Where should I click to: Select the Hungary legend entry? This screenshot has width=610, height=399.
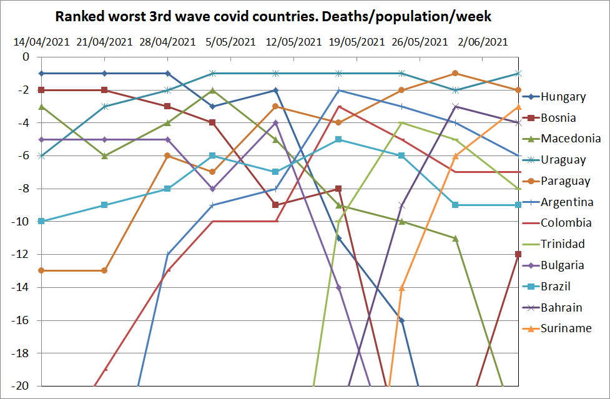tap(563, 97)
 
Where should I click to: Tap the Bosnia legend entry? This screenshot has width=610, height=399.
tap(558, 118)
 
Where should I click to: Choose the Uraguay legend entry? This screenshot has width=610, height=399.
tap(563, 160)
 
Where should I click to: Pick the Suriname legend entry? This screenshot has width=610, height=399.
tap(566, 328)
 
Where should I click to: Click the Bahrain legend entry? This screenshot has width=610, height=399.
tap(561, 307)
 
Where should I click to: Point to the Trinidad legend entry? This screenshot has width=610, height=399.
tap(563, 244)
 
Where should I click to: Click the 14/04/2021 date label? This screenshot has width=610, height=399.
tap(41, 42)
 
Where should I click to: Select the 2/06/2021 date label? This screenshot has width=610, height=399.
tap(483, 42)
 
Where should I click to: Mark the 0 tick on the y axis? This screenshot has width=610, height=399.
tap(26, 57)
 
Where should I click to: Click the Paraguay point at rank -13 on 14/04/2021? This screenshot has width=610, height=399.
tap(41, 270)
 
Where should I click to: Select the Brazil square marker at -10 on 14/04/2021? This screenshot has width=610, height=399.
tap(41, 221)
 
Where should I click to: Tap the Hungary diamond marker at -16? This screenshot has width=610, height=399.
tap(402, 320)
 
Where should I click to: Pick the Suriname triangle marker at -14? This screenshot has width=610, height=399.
tap(402, 287)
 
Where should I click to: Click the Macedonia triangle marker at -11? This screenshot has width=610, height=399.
tap(456, 238)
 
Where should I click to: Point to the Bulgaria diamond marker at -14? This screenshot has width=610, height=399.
tap(338, 287)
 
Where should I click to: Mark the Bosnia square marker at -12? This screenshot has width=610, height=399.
tap(518, 254)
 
